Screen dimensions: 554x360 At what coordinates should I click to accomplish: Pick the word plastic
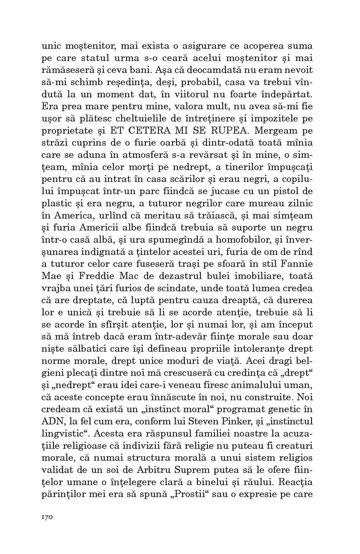coord(56,204)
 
